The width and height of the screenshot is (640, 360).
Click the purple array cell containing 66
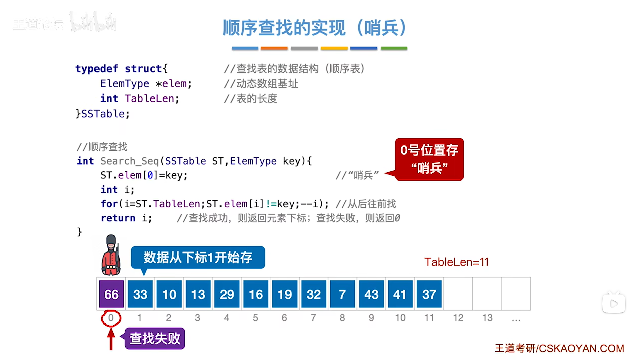[111, 294]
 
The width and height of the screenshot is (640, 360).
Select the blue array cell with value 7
[342, 294]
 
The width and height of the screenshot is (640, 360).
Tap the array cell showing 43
[371, 294]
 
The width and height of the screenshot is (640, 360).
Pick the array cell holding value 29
[227, 294]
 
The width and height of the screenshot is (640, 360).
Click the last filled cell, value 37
[429, 294]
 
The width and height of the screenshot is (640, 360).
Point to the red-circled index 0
[111, 318]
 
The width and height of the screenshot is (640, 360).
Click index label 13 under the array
[487, 318]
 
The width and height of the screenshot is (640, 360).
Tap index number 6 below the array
[284, 318]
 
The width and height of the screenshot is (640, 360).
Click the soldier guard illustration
[111, 255]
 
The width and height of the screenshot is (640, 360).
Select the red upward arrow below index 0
[111, 339]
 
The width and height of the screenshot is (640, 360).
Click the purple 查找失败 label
[155, 338]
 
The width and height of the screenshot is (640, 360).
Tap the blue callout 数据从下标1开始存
[198, 257]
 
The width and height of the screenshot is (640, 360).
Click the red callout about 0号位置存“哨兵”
[429, 159]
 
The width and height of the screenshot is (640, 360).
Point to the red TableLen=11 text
[456, 262]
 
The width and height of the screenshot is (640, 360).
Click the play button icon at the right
[614, 304]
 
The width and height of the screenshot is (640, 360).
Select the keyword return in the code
[118, 218]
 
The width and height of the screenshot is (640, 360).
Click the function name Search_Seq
[129, 161]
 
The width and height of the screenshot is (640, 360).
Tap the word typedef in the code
[97, 69]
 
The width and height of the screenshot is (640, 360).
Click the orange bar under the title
[274, 48]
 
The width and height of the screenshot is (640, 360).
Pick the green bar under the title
[394, 48]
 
